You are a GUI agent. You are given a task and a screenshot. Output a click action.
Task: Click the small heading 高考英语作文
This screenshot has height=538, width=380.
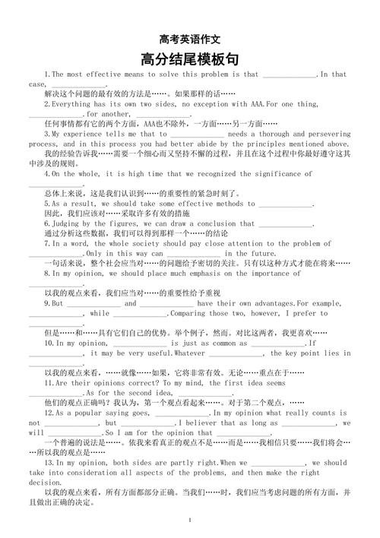point(189,39)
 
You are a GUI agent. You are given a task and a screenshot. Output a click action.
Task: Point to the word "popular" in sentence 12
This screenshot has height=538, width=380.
point(75,413)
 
